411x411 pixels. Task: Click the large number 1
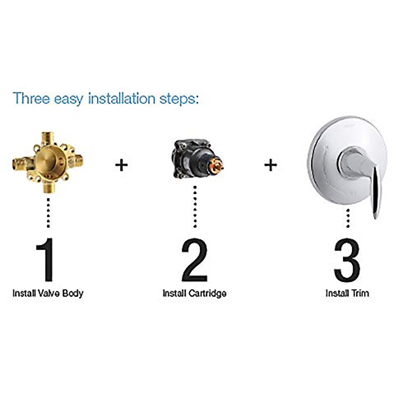tap(46, 259)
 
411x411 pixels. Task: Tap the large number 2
tap(194, 259)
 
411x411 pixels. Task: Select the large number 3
tap(347, 259)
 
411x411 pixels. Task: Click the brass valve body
tap(48, 162)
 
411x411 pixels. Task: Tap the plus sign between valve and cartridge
tap(121, 165)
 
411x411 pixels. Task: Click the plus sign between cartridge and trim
tap(270, 165)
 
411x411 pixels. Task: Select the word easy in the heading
tap(68, 99)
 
